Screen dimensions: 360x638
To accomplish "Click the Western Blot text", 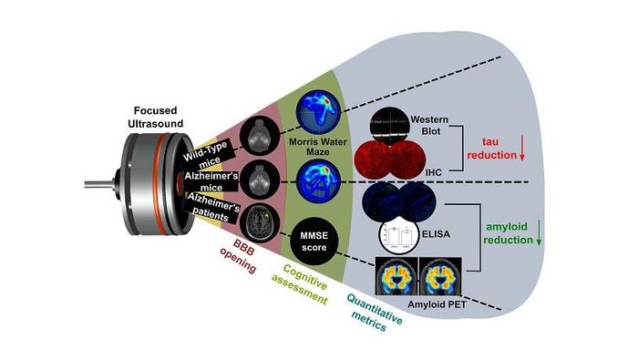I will pos(430,128).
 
